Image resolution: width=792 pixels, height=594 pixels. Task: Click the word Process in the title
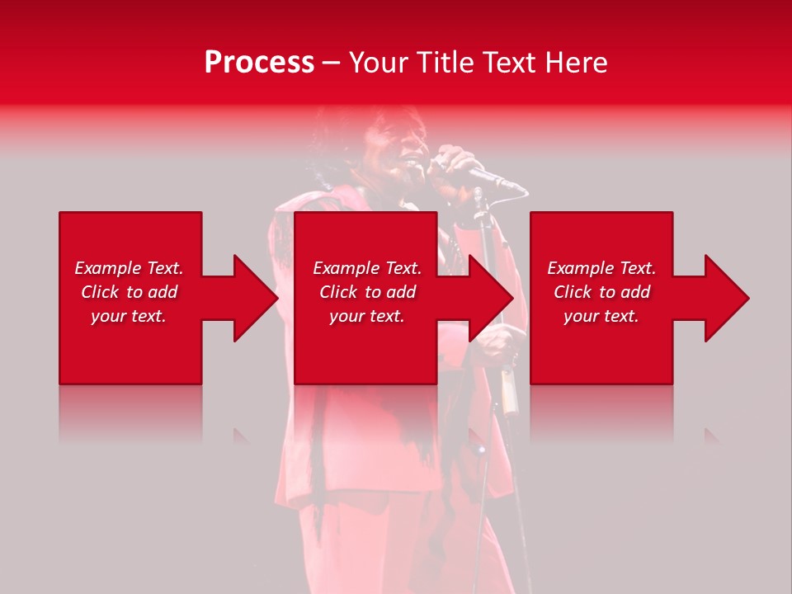[x=259, y=63]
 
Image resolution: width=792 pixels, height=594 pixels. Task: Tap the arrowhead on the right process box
[x=725, y=298]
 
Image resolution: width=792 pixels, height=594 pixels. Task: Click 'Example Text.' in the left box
[x=129, y=268]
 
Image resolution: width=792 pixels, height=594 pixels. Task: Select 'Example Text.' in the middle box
[x=366, y=268]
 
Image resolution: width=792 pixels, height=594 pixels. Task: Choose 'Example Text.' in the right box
[x=601, y=268]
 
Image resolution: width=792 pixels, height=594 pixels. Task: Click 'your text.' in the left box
[x=129, y=316]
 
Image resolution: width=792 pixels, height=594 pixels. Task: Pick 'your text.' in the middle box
[x=366, y=316]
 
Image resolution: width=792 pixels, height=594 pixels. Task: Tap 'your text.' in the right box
[x=601, y=316]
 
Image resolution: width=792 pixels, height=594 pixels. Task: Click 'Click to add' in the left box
[x=129, y=292]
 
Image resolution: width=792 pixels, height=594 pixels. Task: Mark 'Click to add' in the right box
[x=601, y=292]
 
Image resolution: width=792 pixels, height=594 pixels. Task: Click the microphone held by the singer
[x=495, y=180]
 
